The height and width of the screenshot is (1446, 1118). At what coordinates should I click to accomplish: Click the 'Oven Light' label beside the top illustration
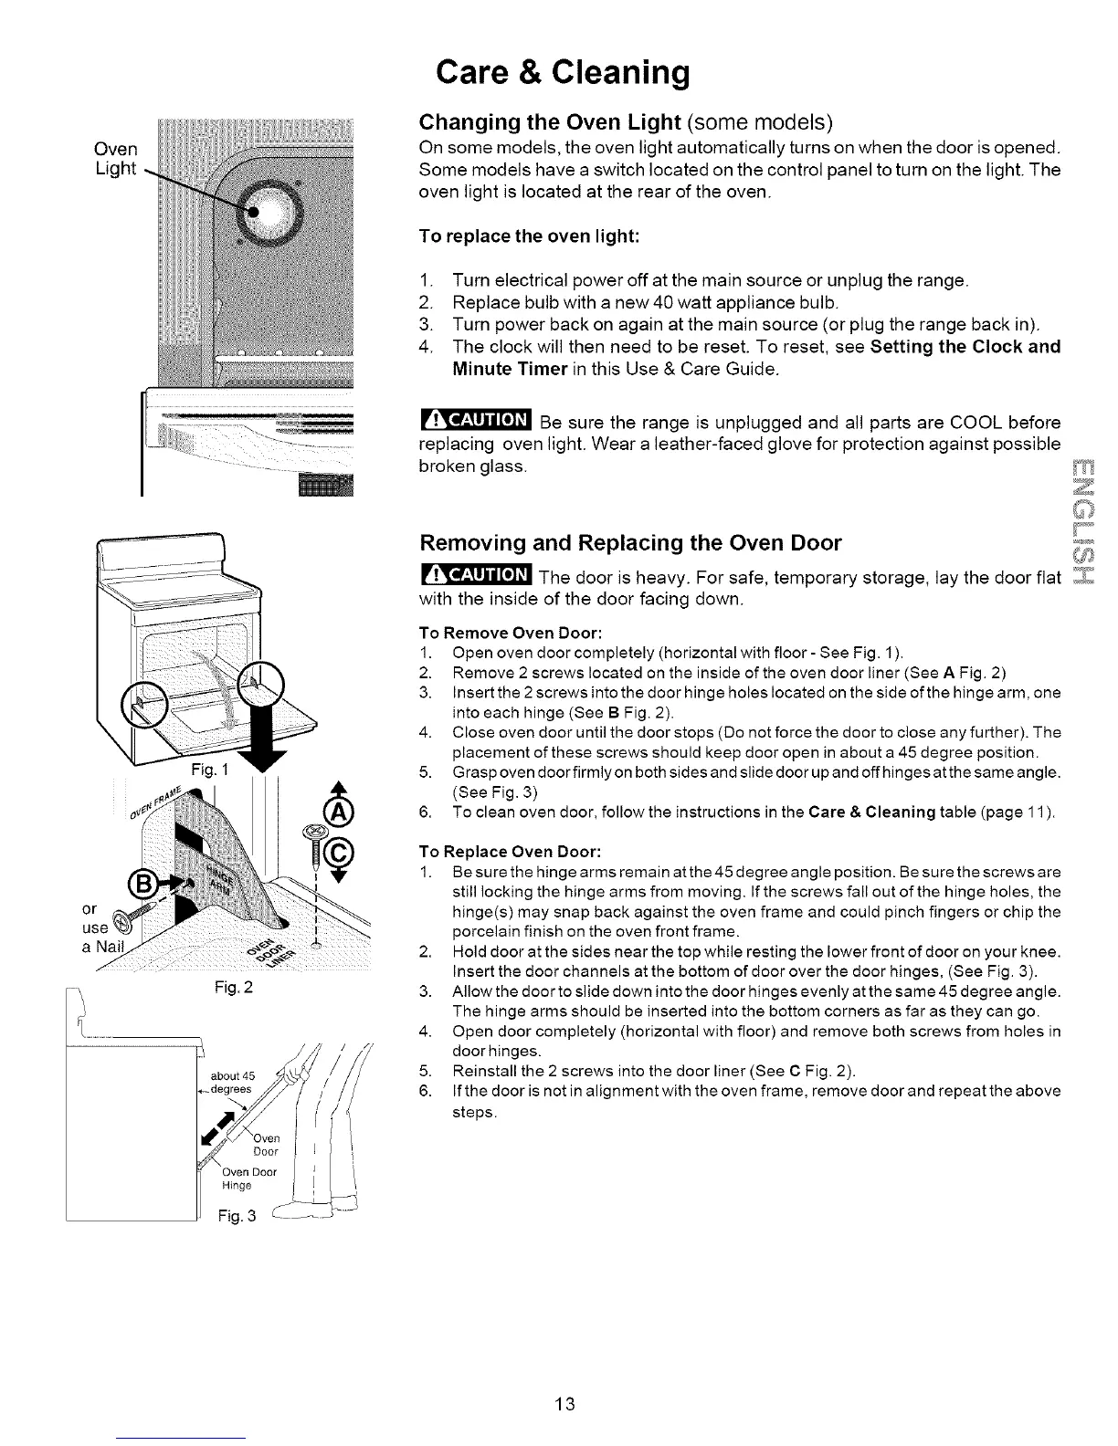coord(116,159)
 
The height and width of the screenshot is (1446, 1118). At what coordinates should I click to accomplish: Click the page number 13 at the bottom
coord(563,1403)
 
